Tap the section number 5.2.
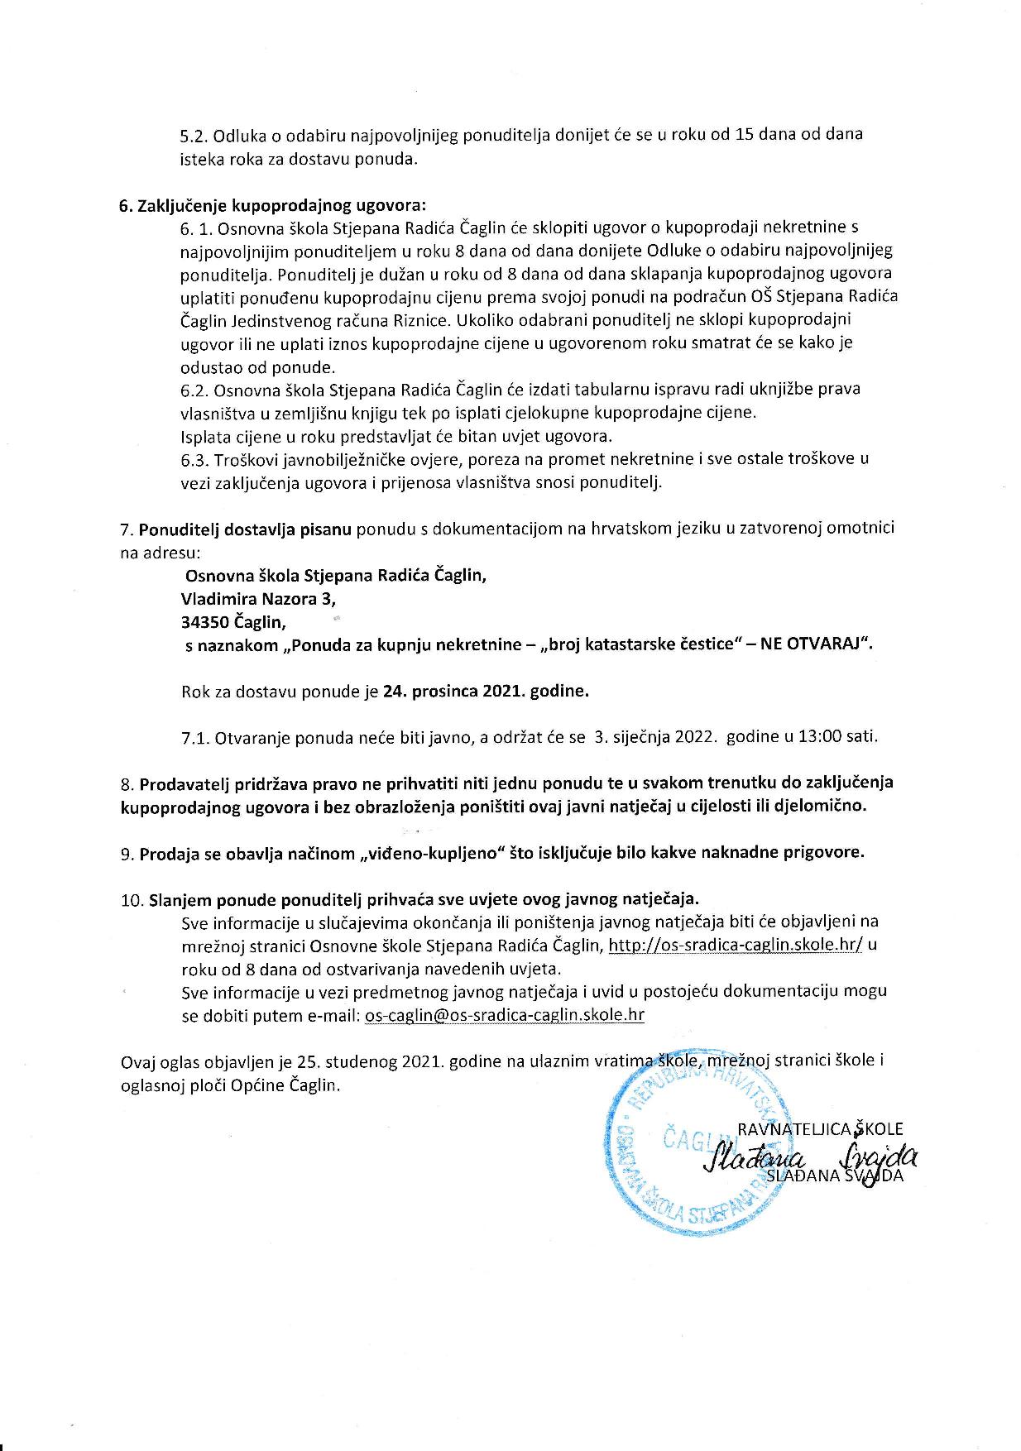(x=195, y=135)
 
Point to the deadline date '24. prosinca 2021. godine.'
(x=486, y=692)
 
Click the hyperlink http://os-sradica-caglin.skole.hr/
(x=736, y=945)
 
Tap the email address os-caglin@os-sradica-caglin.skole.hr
(x=504, y=1014)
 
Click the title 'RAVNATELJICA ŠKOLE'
(x=819, y=1128)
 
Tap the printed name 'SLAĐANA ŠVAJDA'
(x=834, y=1176)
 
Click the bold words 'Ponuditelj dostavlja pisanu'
(x=245, y=528)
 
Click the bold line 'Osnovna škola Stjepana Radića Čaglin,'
(x=336, y=575)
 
